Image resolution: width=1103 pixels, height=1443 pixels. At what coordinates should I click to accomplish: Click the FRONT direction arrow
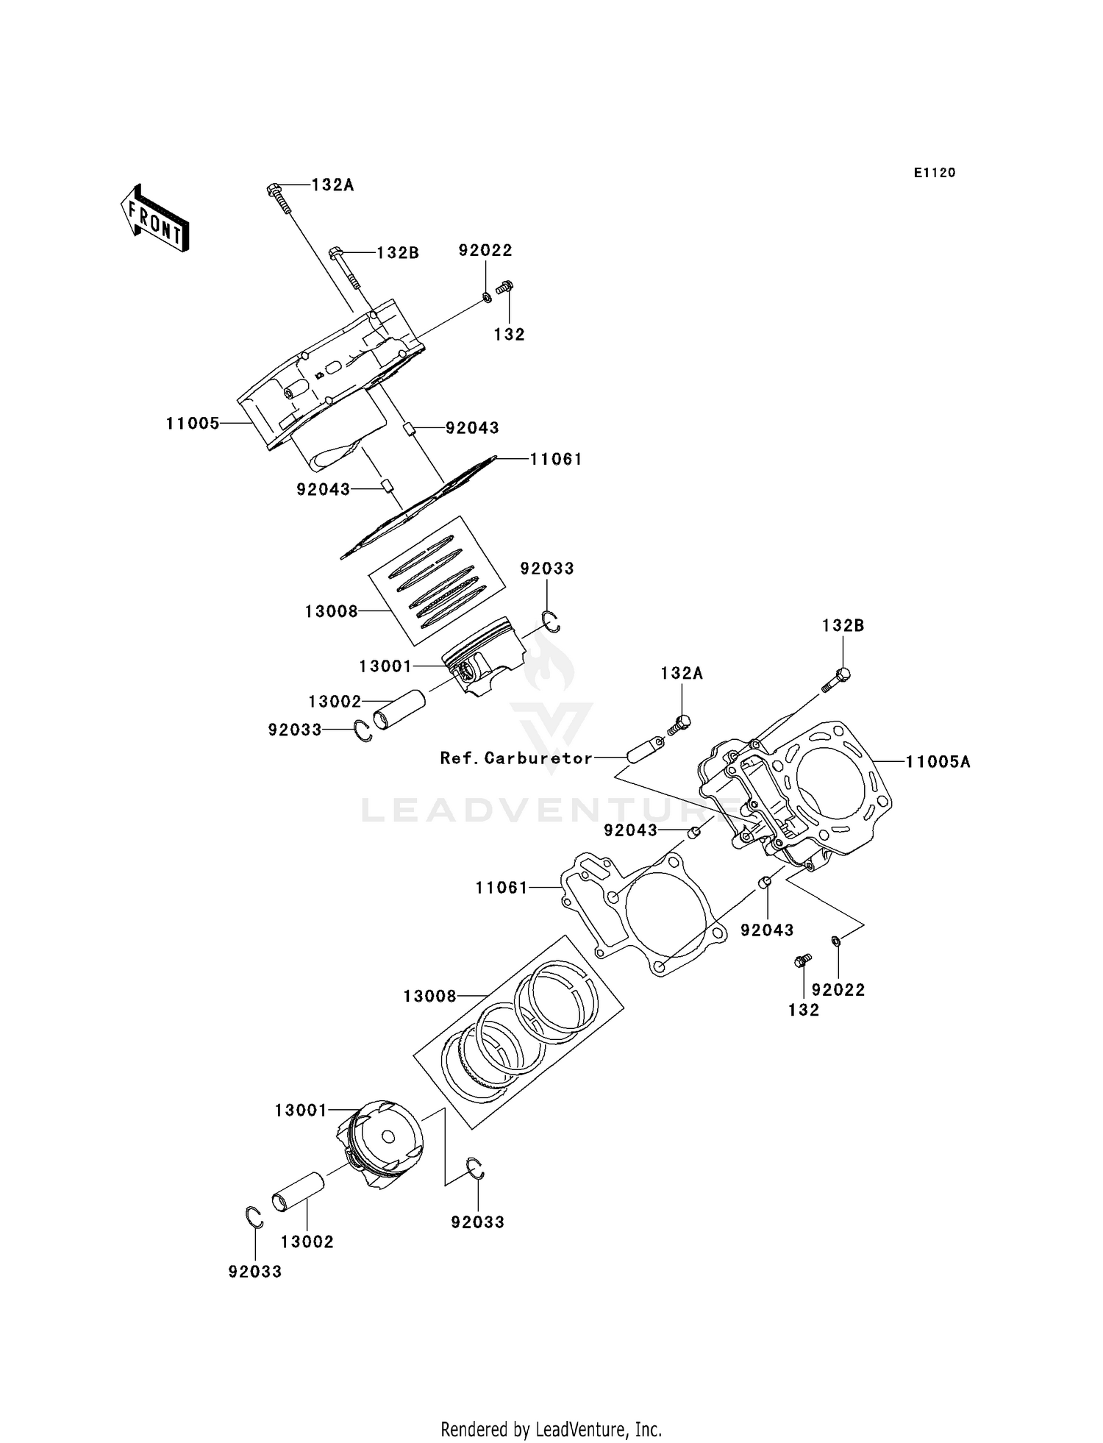coord(155,219)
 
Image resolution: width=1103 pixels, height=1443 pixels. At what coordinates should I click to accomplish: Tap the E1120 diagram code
coord(934,173)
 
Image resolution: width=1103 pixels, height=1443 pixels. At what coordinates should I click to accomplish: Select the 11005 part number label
coord(192,424)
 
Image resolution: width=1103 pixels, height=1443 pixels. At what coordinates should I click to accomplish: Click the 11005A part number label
coord(938,762)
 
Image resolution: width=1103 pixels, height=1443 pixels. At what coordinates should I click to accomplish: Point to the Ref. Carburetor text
coord(516,758)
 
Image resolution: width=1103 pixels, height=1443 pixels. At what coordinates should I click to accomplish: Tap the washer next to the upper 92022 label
coord(487,297)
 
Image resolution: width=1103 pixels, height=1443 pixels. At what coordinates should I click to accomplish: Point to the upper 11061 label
coord(557,460)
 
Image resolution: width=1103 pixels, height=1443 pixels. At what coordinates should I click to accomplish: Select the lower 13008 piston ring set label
coord(429,997)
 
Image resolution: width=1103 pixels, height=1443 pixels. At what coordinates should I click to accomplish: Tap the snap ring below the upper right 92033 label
coord(551,622)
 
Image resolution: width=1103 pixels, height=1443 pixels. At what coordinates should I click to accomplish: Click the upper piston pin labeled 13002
coord(399,709)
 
